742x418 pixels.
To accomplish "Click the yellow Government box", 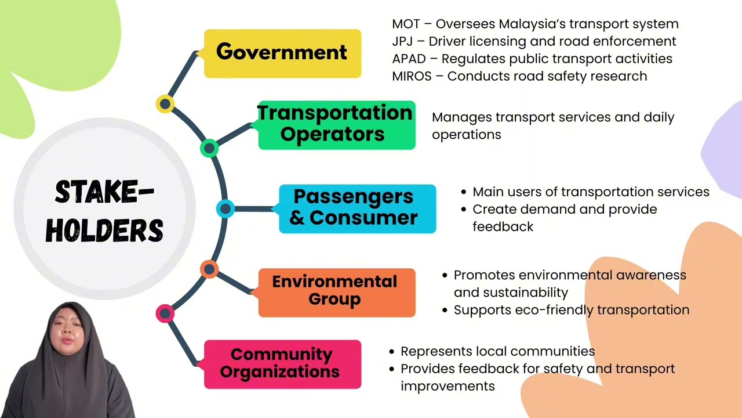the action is (x=282, y=53).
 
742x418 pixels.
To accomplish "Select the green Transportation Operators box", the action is (x=337, y=125).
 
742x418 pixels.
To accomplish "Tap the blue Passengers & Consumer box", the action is (x=358, y=209).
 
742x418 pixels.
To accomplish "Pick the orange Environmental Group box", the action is (x=337, y=293).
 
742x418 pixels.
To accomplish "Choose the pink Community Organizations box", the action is (x=282, y=364).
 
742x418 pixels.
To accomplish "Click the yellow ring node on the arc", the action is (x=165, y=104).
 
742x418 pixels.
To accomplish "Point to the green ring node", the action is (x=209, y=148).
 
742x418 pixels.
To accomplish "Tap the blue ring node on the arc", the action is (x=225, y=208).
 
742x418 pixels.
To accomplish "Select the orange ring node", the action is (x=209, y=269).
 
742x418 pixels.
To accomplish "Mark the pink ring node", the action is (x=165, y=313).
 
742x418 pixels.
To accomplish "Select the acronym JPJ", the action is (x=402, y=41).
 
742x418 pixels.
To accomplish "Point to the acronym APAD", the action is (x=409, y=59).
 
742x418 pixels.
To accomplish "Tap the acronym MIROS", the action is (x=412, y=76).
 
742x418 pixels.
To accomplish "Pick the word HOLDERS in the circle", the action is (x=104, y=230).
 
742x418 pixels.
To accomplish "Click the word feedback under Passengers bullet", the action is (x=503, y=227).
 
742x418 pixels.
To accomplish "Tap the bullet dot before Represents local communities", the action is (x=392, y=352).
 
